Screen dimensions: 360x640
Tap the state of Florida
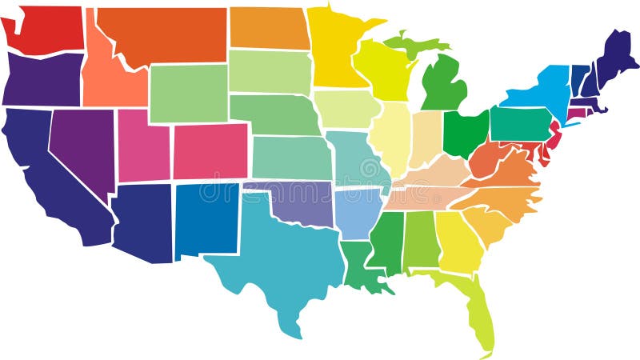476,308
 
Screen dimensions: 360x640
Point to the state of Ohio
464,132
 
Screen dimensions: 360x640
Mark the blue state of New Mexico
206,219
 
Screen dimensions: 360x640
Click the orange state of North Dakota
270,28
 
